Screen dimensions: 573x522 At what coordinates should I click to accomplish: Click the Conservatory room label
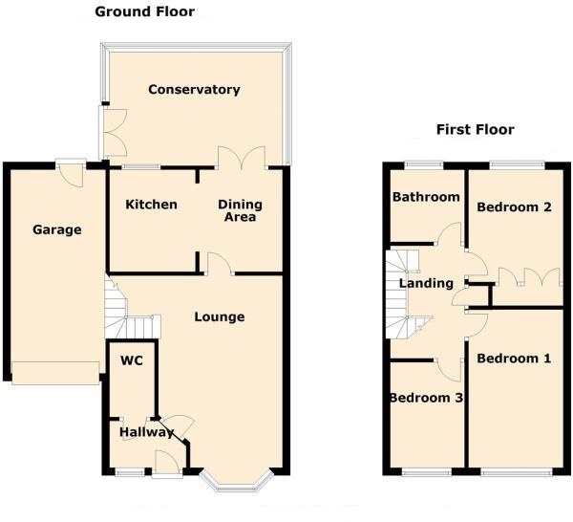(194, 90)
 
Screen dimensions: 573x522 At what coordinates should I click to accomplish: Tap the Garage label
(57, 229)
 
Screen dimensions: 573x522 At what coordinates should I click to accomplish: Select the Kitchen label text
(151, 205)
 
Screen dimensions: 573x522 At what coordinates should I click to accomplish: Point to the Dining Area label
(240, 210)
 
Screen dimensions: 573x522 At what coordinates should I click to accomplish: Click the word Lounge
(220, 316)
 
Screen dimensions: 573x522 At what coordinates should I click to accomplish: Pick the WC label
(132, 360)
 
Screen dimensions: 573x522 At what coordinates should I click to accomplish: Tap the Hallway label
(146, 432)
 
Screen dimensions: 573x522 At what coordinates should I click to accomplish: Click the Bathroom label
(426, 197)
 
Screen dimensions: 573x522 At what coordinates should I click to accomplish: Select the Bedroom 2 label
(514, 207)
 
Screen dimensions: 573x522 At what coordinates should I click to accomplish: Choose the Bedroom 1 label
(514, 359)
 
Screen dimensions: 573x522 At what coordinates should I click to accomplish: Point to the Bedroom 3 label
(427, 398)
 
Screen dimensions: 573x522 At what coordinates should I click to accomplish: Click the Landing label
(426, 284)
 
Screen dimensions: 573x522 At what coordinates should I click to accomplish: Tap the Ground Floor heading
(145, 11)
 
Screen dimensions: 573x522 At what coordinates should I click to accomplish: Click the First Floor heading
(476, 129)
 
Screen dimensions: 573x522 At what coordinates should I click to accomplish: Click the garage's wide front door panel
(55, 373)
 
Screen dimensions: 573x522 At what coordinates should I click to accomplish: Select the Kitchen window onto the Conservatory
(141, 167)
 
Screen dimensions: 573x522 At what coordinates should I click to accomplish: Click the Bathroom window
(424, 165)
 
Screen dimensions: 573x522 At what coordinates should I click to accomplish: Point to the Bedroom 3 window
(427, 473)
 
